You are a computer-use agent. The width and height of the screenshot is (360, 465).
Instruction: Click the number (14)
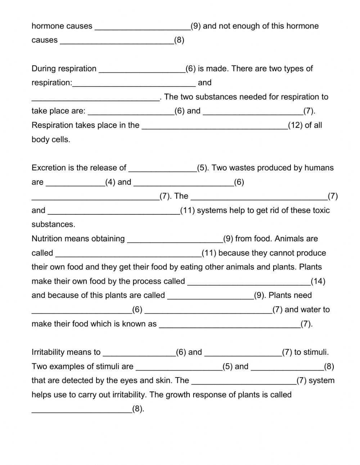[x=318, y=281]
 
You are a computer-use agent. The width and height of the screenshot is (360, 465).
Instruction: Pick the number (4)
[x=110, y=182]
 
